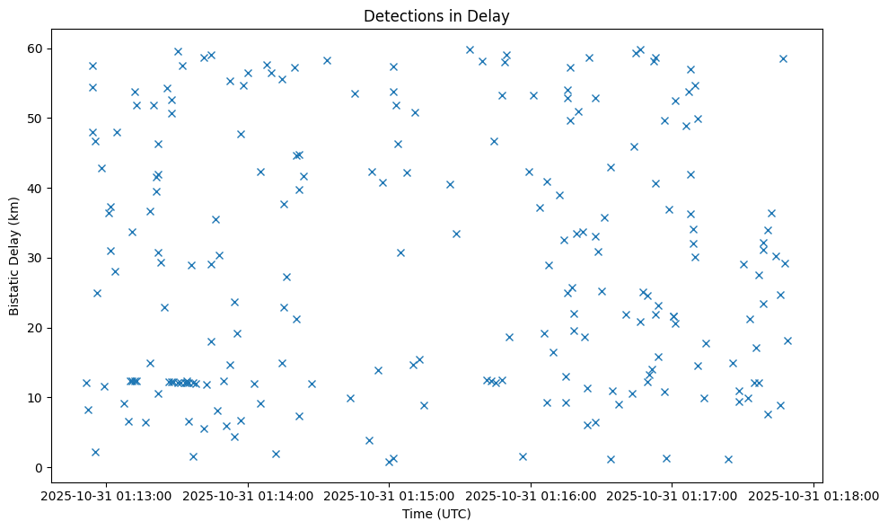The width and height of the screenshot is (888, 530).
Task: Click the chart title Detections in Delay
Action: [x=436, y=16]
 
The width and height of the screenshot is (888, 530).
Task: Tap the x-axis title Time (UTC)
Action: [x=436, y=514]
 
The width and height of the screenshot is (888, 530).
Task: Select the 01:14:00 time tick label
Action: [x=248, y=495]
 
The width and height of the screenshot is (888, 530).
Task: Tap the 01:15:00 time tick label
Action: [x=390, y=495]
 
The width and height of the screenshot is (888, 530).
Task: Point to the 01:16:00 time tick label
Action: [x=531, y=495]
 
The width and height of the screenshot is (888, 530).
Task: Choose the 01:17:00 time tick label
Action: [x=673, y=495]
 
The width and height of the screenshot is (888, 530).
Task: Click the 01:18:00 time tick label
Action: [x=813, y=495]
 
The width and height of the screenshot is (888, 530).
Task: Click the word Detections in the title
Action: [x=404, y=16]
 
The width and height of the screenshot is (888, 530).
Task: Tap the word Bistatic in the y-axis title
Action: [x=14, y=289]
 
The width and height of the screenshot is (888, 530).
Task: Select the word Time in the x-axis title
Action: [x=418, y=514]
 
